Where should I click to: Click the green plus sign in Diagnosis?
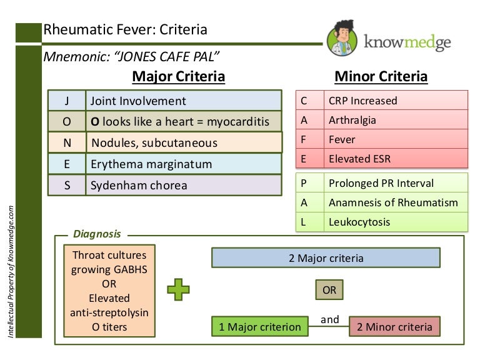click(x=178, y=289)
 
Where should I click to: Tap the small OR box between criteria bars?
click(x=329, y=290)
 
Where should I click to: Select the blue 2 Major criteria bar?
click(x=326, y=258)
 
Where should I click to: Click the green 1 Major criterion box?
click(x=259, y=326)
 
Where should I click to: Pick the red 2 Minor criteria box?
click(x=394, y=326)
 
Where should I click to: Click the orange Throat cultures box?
click(x=109, y=291)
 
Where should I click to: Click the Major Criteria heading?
click(x=178, y=77)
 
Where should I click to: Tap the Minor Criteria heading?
click(x=381, y=77)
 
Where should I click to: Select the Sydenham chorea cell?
click(x=183, y=186)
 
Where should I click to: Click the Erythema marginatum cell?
click(x=183, y=164)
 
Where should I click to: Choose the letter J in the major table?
click(x=67, y=101)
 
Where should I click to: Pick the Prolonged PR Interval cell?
click(x=396, y=184)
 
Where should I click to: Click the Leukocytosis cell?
click(x=396, y=222)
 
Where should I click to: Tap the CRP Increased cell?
click(x=396, y=101)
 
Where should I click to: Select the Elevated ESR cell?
click(x=396, y=159)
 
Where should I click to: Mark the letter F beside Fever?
click(x=304, y=139)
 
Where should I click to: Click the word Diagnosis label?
click(x=97, y=234)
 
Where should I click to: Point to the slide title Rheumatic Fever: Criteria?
click(x=125, y=30)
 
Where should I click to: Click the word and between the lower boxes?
click(x=330, y=320)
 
